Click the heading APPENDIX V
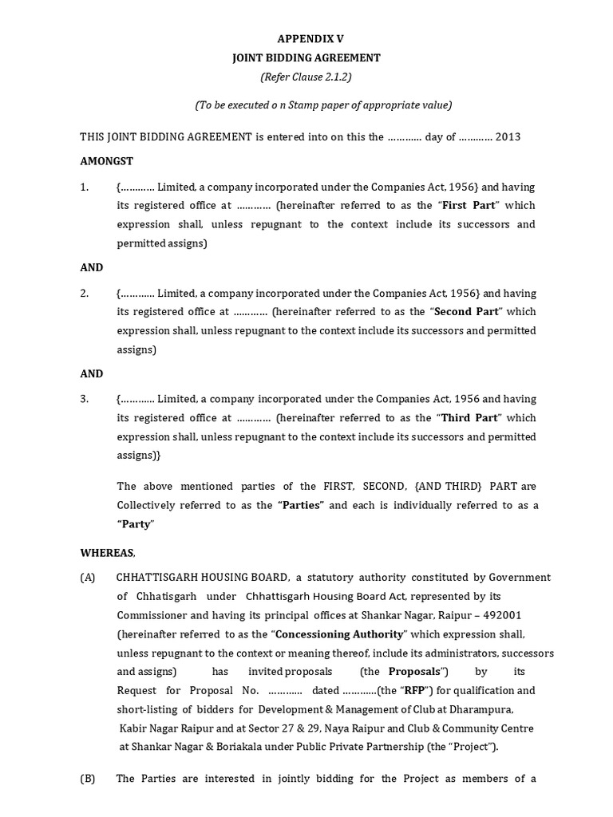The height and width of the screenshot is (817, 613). tap(311, 38)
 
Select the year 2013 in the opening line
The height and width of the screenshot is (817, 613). tap(508, 136)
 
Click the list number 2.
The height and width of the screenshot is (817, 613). tap(84, 292)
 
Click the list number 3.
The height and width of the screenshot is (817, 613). tap(84, 398)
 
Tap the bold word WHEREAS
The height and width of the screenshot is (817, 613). tap(107, 552)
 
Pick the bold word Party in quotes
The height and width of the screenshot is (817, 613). tap(136, 524)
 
